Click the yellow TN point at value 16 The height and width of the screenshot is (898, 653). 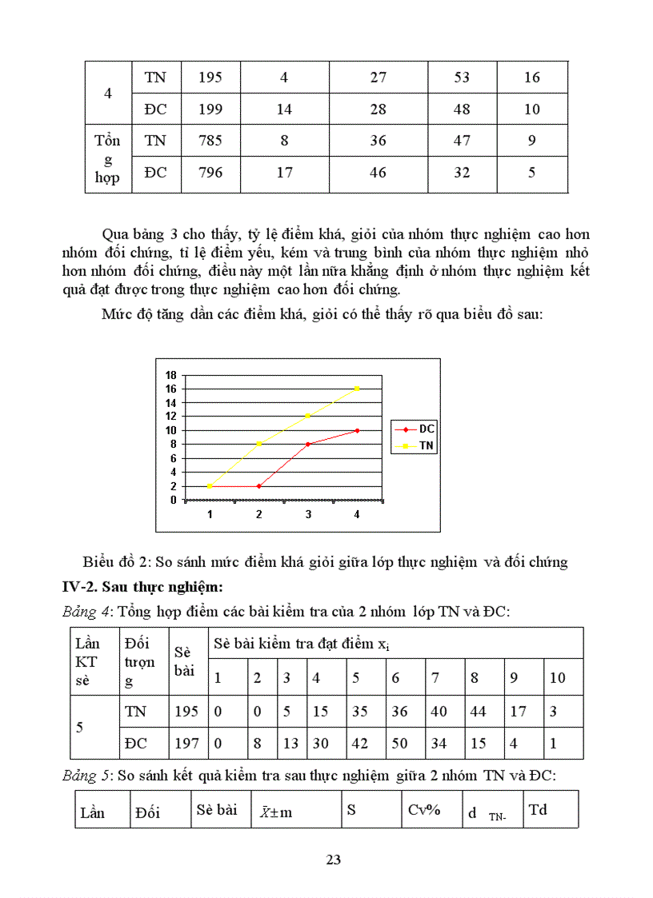tap(357, 389)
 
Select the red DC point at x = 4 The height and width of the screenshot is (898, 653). tap(357, 430)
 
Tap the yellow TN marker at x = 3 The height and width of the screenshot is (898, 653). tap(308, 416)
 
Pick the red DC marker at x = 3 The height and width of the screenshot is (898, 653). tap(308, 444)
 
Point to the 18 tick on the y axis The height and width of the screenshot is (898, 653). tap(170, 375)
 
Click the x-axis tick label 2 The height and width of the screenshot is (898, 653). tap(258, 515)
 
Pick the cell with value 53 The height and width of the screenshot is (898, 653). tap(462, 78)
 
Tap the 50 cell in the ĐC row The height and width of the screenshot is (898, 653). tap(399, 743)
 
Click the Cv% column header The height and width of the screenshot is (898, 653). tap(424, 809)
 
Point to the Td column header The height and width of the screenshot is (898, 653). tap(538, 809)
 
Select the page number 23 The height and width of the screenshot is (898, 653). tap(334, 860)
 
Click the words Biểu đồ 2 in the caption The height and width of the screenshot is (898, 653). tap(113, 562)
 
